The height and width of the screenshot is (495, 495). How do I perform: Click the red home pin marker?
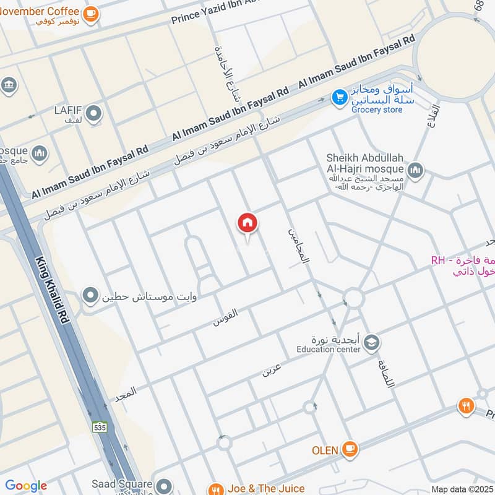pyautogui.click(x=247, y=223)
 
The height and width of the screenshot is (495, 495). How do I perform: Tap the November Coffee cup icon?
pyautogui.click(x=90, y=13)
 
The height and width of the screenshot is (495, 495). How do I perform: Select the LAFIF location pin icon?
pyautogui.click(x=93, y=113)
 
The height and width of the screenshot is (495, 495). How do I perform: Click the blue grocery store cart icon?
pyautogui.click(x=338, y=97)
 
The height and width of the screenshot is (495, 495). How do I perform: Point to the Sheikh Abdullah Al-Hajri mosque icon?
pyautogui.click(x=415, y=169)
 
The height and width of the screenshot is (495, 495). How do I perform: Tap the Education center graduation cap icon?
pyautogui.click(x=371, y=343)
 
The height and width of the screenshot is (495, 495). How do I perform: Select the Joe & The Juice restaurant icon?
pyautogui.click(x=215, y=489)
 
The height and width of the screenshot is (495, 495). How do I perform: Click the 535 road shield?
pyautogui.click(x=99, y=427)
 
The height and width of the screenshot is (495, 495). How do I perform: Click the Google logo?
pyautogui.click(x=26, y=486)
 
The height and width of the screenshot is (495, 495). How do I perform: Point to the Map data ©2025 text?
pyautogui.click(x=461, y=489)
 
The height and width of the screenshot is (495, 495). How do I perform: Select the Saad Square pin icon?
pyautogui.click(x=163, y=485)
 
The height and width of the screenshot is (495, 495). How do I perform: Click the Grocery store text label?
pyautogui.click(x=377, y=110)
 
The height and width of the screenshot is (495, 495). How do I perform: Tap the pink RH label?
pyautogui.click(x=438, y=260)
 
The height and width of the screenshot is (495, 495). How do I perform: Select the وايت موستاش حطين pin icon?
pyautogui.click(x=91, y=295)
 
